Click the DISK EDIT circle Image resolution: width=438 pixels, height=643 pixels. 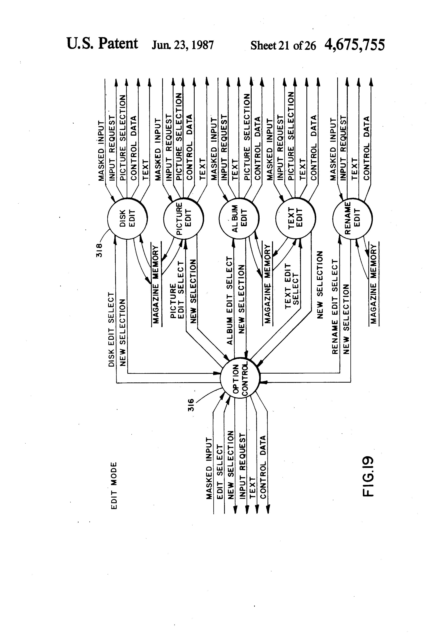click(x=127, y=218)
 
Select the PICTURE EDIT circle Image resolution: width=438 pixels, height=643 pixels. click(x=184, y=218)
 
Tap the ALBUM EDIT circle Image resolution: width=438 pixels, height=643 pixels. click(x=239, y=218)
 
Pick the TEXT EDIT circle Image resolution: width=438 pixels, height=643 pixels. click(x=296, y=218)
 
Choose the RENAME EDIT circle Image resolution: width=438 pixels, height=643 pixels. click(x=352, y=218)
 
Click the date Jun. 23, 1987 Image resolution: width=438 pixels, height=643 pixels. click(x=183, y=45)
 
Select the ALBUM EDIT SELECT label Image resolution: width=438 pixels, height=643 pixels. click(x=230, y=301)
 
